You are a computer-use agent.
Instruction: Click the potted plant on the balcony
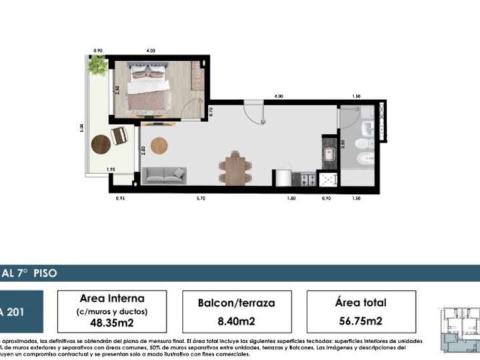click(98, 65)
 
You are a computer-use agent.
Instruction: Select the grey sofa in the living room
click(164, 175)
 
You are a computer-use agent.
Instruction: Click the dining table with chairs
click(236, 168)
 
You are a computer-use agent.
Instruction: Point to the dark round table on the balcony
click(101, 144)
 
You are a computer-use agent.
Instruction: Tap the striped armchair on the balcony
click(119, 135)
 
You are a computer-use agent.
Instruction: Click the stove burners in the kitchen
click(307, 179)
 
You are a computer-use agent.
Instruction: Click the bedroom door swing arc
click(195, 109)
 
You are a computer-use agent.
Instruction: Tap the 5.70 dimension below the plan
click(201, 199)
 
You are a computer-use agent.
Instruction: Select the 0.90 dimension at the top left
click(98, 51)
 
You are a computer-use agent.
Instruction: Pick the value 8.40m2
click(235, 321)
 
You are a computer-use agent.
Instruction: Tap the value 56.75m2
click(361, 321)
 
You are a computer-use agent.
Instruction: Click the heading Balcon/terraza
click(236, 303)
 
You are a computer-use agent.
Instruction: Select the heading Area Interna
click(112, 298)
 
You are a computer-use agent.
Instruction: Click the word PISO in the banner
click(42, 273)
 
